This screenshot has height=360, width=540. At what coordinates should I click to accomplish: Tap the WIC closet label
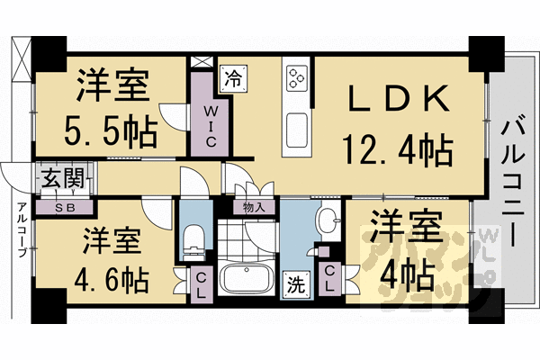208,126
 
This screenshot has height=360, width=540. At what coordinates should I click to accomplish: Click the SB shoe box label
65,206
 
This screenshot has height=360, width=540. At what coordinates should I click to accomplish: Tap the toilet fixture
192,239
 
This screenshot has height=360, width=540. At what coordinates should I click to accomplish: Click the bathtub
247,280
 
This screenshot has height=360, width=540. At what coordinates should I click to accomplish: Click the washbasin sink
328,218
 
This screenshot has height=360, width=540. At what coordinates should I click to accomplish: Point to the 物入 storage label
253,206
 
